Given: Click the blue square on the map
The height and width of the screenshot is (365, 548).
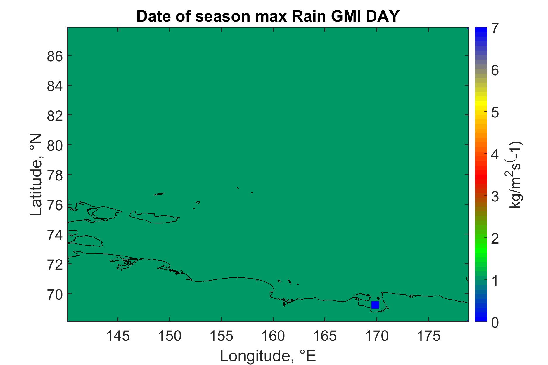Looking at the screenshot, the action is [x=375, y=305].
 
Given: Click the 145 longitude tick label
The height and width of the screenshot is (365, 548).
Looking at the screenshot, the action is [x=118, y=337].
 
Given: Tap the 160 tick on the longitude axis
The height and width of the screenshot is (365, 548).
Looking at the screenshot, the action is [x=273, y=337].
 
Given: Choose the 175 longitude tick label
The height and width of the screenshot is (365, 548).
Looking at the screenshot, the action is [x=428, y=337].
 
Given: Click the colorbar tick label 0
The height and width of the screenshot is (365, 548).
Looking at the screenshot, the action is [x=495, y=322].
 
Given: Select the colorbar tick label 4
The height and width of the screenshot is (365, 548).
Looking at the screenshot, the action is [x=495, y=154].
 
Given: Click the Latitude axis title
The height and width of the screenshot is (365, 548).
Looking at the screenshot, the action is [x=36, y=175].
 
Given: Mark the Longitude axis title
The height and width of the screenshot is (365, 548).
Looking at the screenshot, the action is [x=268, y=356].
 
